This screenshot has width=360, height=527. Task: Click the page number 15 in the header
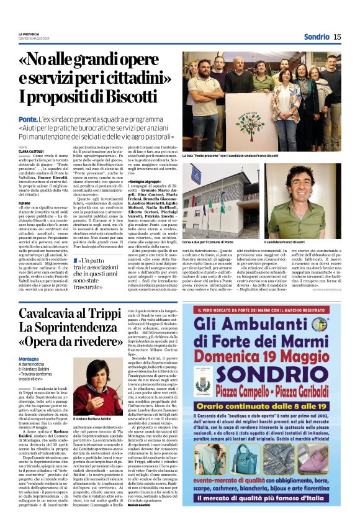coord(337,37)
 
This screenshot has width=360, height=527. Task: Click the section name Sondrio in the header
coord(317,37)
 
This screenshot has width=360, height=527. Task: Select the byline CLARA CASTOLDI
coord(31,151)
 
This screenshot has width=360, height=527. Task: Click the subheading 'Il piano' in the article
coord(25,202)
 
